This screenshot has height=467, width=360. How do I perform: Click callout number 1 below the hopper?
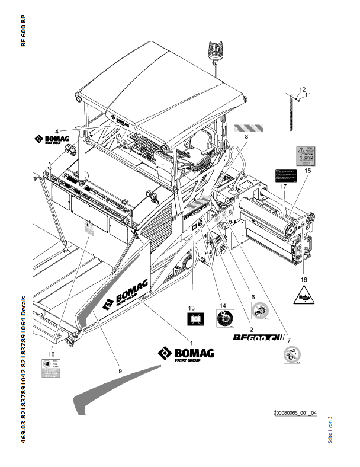(x=191, y=341)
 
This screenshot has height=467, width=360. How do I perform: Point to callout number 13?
(x=191, y=308)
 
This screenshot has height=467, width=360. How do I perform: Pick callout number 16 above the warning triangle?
(x=304, y=278)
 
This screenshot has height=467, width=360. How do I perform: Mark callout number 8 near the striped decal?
(x=246, y=137)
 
